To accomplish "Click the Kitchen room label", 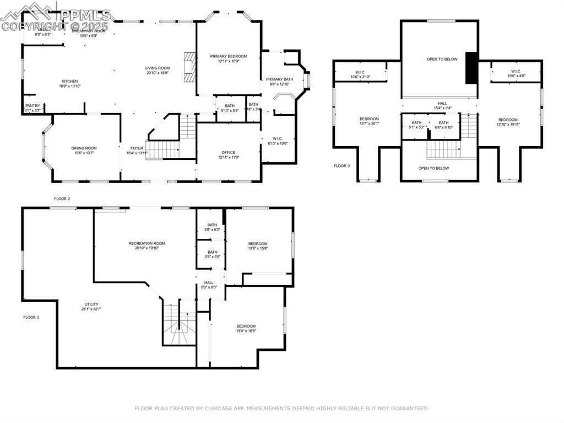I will click(x=69, y=81).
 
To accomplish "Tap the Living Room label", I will click(x=158, y=68).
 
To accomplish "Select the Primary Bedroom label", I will click(x=228, y=56).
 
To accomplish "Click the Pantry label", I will click(x=32, y=105).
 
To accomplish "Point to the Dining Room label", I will click(x=84, y=148).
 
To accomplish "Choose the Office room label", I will click(x=228, y=152).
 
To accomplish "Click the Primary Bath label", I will click(x=279, y=79).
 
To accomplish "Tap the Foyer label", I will click(x=137, y=148).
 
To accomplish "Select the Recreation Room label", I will click(x=147, y=243).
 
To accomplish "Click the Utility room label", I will click(x=91, y=304).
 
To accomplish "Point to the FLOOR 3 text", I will click(x=341, y=165).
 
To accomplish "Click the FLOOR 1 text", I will click(x=31, y=317).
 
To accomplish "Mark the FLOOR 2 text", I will click(x=62, y=199).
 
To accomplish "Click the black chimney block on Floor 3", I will click(x=471, y=68).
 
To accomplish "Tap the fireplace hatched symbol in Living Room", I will click(x=189, y=67).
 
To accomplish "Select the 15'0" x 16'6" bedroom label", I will click(x=246, y=326).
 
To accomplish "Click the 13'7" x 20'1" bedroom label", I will click(x=369, y=119).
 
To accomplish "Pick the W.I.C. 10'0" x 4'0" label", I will click(x=516, y=71).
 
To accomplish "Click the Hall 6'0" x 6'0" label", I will click(x=209, y=282).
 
